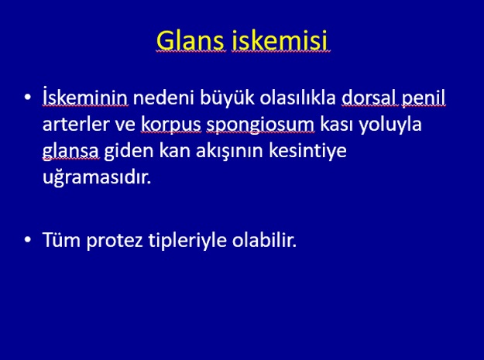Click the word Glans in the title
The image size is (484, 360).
pos(191,41)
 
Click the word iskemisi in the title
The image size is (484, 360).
pos(280,40)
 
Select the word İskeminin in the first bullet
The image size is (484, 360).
pos(85,97)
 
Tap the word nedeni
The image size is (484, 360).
pos(163,98)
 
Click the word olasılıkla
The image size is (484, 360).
pos(298,98)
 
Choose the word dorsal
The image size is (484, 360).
pos(369,98)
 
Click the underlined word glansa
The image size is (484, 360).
pos(70,152)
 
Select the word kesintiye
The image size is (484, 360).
pos(307,152)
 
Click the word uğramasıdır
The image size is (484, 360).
pos(97,178)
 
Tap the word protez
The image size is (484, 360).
pos(115,241)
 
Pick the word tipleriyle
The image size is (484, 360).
pos(187,241)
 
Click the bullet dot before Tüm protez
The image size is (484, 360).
pos(28,240)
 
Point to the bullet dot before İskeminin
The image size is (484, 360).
pos(28,98)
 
